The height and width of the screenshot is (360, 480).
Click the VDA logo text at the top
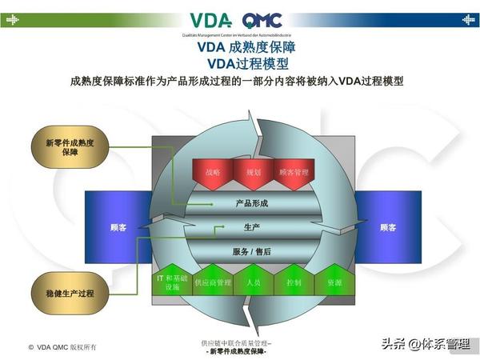tap(211, 19)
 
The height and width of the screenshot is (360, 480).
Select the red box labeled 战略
tap(213, 173)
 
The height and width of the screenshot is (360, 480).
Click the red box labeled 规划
tap(253, 173)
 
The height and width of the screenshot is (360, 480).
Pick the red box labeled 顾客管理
tap(292, 173)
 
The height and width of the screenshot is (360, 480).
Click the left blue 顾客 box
tap(118, 228)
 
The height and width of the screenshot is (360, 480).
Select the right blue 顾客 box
tap(387, 228)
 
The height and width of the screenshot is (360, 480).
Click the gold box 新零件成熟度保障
tap(70, 148)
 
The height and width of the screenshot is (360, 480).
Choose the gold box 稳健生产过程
tap(70, 294)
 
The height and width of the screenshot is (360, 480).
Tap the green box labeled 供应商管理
tap(212, 282)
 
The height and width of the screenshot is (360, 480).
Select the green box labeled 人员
tap(253, 282)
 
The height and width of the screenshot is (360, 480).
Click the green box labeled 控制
tap(293, 282)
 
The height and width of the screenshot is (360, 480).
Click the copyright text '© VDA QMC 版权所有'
tap(62, 347)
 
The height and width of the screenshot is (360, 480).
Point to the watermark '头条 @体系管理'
tap(425, 344)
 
